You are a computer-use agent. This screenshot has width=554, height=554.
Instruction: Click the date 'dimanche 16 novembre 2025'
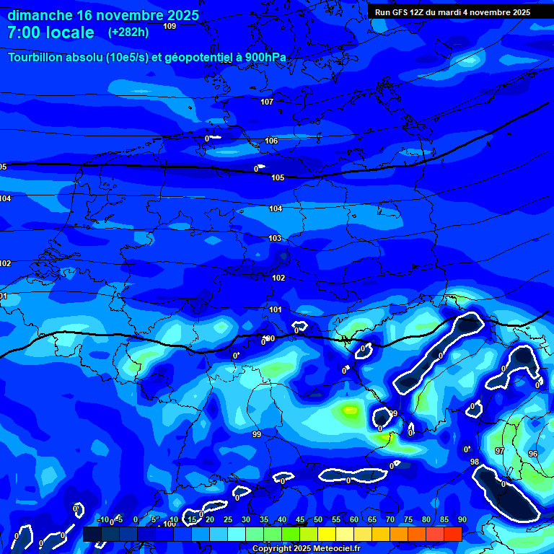pyautogui.click(x=103, y=15)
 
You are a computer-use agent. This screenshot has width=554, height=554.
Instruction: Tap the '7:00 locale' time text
pyautogui.click(x=50, y=32)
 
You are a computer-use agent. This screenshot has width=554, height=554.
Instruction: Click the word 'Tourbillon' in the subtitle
pyautogui.click(x=40, y=58)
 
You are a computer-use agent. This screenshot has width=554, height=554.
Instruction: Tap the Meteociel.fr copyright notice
pyautogui.click(x=306, y=549)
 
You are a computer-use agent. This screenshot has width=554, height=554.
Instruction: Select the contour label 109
pyautogui.click(x=170, y=26)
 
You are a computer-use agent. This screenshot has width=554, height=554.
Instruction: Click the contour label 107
pyautogui.click(x=267, y=102)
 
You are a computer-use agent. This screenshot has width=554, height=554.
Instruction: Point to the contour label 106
pyautogui.click(x=271, y=141)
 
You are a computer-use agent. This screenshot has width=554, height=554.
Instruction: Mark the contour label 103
pyautogui.click(x=275, y=238)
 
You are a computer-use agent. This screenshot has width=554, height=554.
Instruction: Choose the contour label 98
pyautogui.click(x=474, y=462)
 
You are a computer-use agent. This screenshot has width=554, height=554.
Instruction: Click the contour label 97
pyautogui.click(x=500, y=451)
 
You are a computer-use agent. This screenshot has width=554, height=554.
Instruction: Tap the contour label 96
pyautogui.click(x=532, y=454)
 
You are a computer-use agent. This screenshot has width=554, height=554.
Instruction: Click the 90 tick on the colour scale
pyautogui.click(x=462, y=520)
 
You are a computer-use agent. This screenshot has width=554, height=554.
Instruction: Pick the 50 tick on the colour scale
pyautogui.click(x=318, y=520)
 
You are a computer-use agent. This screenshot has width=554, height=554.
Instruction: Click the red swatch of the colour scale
pyautogui.click(x=452, y=534)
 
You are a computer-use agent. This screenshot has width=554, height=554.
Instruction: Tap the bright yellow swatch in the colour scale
pyautogui.click(x=326, y=534)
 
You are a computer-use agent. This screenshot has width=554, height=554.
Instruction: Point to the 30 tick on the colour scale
pyautogui.click(x=246, y=520)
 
